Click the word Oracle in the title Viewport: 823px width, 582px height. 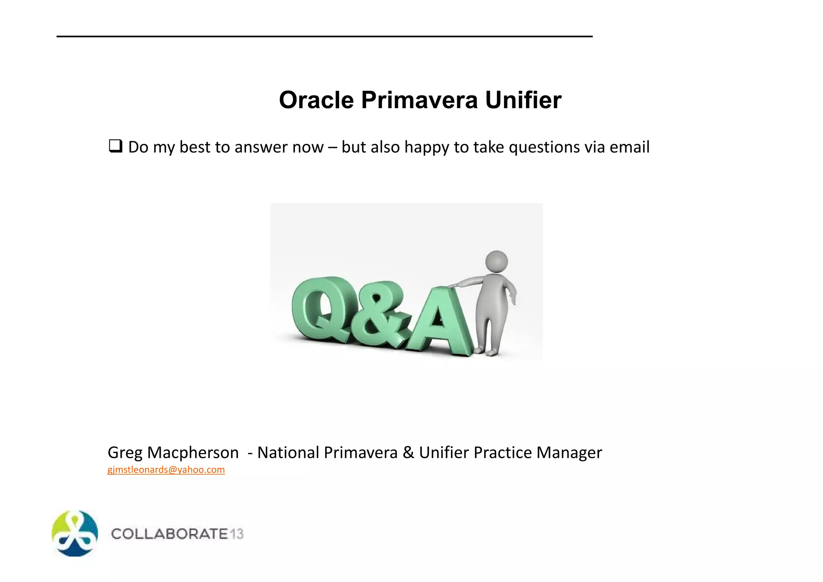316,100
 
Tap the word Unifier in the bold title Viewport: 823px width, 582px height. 523,100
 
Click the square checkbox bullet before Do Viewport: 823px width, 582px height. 115,146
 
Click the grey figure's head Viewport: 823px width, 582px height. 497,262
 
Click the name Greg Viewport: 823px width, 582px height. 125,453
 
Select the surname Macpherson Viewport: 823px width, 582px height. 193,453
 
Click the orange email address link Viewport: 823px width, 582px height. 166,470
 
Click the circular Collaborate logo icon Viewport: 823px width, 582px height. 75,533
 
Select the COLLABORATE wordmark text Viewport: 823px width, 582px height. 170,534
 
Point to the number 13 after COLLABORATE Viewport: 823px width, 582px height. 237,534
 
